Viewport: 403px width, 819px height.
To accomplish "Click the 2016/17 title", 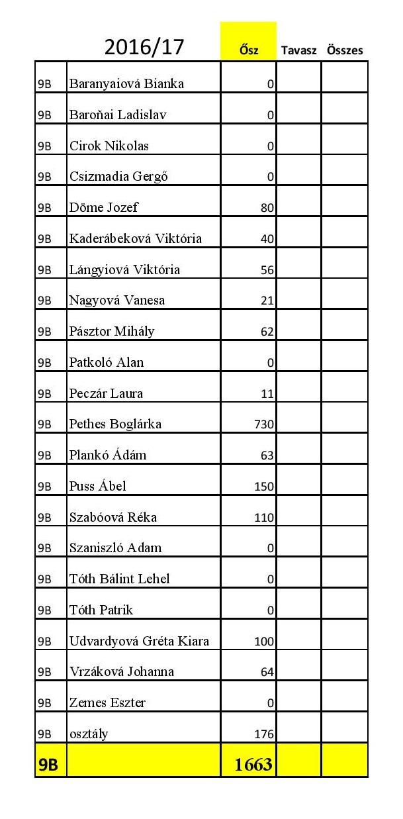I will point(144,47).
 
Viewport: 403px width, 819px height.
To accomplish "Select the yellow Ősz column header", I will point(248,50).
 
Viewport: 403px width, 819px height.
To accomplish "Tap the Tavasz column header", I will point(298,50).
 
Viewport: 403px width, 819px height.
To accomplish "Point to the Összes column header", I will point(345,50).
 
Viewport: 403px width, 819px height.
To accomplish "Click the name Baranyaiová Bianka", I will point(126,83).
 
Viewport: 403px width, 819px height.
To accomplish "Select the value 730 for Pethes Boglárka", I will point(264,424).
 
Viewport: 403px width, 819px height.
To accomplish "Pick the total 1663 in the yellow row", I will point(253,765).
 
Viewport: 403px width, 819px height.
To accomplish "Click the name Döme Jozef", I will point(104,207).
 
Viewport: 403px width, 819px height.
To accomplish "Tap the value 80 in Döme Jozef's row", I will point(267,208).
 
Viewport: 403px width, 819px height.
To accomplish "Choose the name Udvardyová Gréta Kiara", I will point(139,641).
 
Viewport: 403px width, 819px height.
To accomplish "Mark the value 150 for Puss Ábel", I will point(264,487).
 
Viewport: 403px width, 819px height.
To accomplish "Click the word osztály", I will point(89,734).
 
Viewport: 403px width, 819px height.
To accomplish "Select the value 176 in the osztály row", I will point(264,734).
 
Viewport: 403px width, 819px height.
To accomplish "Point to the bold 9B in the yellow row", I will point(48,765).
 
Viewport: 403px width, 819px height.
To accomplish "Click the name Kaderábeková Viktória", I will point(136,238).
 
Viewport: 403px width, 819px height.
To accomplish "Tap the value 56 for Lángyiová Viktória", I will point(267,270).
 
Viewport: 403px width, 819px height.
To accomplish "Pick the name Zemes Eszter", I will point(107,702).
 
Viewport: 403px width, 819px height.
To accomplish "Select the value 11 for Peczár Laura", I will point(267,394).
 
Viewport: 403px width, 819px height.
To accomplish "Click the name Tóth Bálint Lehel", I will point(119,579).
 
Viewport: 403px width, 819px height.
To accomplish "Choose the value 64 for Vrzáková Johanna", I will point(267,672).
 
